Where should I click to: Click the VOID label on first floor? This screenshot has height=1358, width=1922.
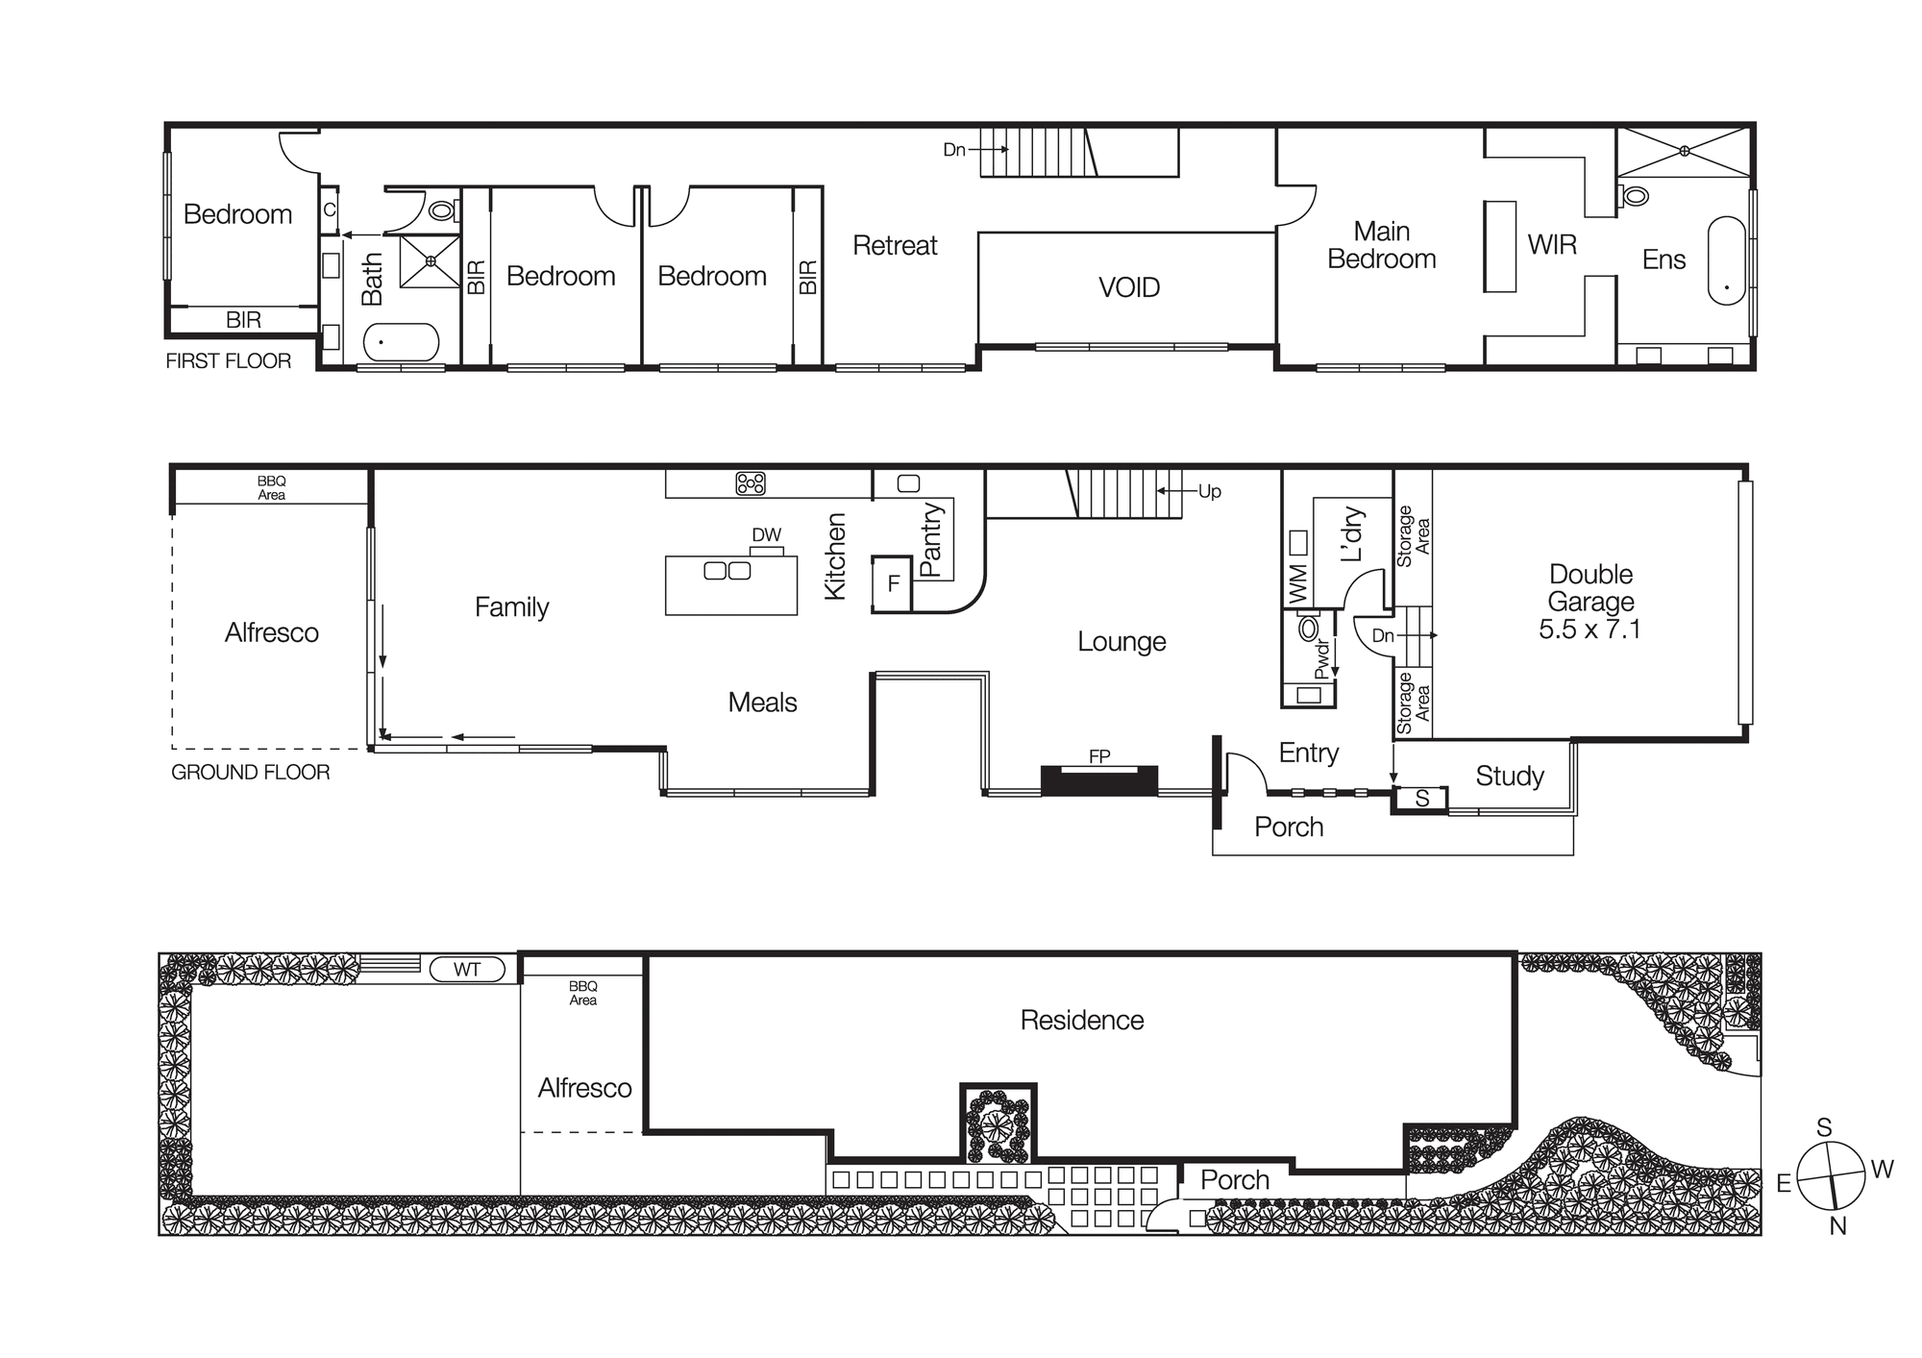point(1128,287)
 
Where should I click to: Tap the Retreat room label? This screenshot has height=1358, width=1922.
point(895,246)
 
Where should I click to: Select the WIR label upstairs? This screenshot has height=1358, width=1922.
point(1551,245)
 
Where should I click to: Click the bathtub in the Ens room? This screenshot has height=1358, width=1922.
point(1726,260)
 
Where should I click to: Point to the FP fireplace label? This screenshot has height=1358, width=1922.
point(1099,757)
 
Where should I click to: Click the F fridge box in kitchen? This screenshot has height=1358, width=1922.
point(893,583)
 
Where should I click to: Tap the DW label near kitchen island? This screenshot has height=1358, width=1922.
point(766,535)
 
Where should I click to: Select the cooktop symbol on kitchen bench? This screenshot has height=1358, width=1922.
point(751,483)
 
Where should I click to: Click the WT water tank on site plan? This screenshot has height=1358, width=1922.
point(467,970)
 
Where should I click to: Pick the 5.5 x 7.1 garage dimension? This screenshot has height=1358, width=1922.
point(1589,630)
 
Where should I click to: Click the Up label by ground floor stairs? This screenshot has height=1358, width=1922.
point(1209,492)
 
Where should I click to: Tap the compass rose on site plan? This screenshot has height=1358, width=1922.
point(1831,1176)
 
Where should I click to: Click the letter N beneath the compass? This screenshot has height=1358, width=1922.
point(1837,1226)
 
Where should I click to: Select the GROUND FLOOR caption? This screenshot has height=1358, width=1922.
point(250,773)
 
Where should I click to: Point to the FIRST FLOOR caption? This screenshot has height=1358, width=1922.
point(228,361)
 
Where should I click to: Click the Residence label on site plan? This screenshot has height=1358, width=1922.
point(1081,1021)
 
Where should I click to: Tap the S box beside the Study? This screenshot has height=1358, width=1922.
point(1421,799)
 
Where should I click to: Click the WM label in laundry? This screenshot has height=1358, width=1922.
point(1297,583)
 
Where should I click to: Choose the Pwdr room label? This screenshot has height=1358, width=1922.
point(1322,659)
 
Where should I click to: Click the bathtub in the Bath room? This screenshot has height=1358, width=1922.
point(401,342)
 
